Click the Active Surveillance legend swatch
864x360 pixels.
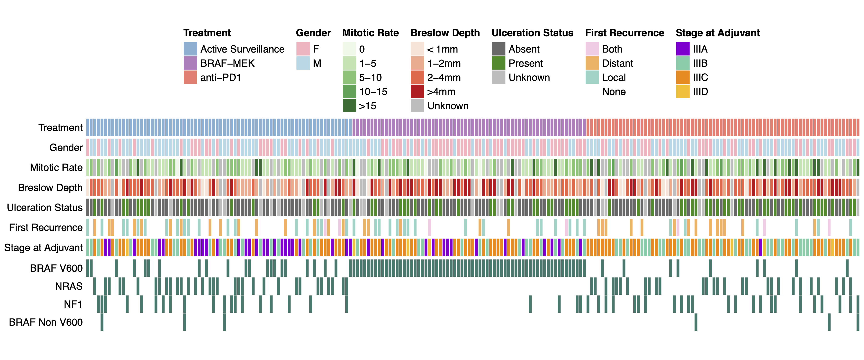click(190, 49)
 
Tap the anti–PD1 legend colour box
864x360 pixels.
click(190, 78)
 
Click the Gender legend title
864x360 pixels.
click(313, 33)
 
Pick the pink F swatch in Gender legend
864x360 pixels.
click(303, 49)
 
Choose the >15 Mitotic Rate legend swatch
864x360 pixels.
click(349, 106)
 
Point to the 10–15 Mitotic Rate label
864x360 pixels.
click(373, 92)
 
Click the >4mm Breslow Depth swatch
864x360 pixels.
click(417, 92)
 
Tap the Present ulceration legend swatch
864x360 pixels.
click(498, 63)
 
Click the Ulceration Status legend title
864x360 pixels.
click(532, 33)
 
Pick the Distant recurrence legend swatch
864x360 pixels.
click(592, 63)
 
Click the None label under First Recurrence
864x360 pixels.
click(613, 92)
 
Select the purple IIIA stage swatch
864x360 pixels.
click(683, 49)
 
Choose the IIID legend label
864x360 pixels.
click(700, 92)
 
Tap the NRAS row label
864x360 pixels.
click(68, 286)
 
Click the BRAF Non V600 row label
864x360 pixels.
click(46, 322)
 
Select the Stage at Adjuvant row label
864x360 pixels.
click(43, 248)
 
